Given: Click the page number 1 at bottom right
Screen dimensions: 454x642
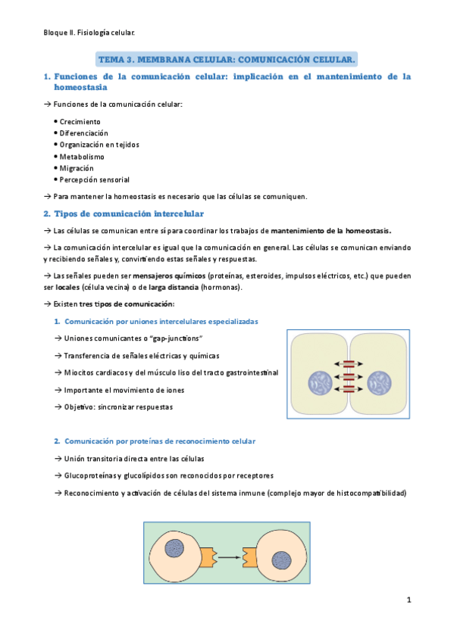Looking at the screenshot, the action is tap(408, 600).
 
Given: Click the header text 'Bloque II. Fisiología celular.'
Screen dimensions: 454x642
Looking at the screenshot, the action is tap(89, 33).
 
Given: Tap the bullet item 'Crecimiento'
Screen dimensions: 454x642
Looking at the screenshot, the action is tap(80, 121).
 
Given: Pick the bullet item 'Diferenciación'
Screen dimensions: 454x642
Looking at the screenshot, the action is tap(83, 132).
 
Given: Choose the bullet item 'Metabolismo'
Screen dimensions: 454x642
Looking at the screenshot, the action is tap(82, 157).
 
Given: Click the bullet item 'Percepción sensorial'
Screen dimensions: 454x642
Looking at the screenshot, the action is tap(94, 180).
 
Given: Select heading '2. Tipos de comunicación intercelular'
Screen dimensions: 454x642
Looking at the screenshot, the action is tap(129, 213).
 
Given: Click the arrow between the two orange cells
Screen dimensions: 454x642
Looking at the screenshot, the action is tap(227, 556).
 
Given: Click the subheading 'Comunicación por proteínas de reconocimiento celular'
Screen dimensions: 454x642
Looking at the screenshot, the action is tap(160, 441).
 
